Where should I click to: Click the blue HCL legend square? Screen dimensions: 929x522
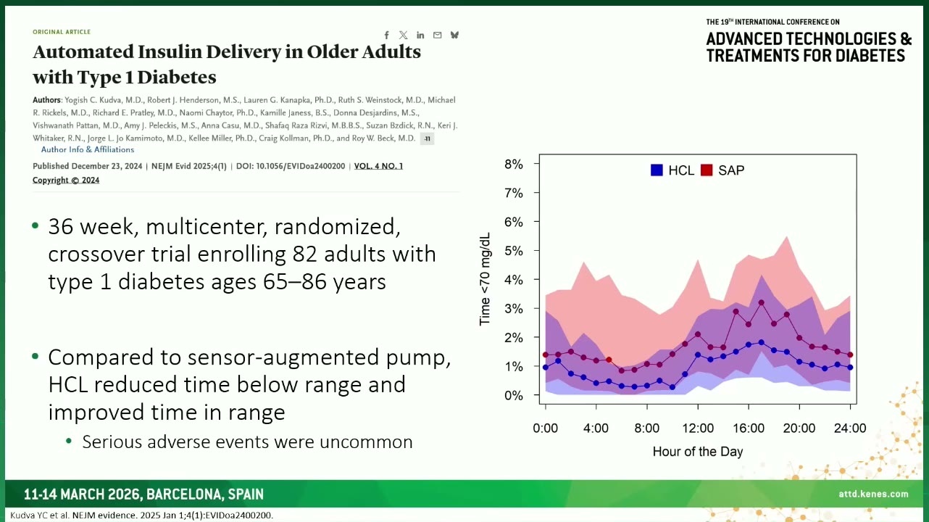tap(657, 170)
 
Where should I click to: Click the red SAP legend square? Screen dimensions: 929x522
tap(707, 170)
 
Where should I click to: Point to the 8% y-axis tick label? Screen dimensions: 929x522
tap(514, 165)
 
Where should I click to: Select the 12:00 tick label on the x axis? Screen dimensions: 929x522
tap(698, 428)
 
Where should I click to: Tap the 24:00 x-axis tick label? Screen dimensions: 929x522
tap(850, 428)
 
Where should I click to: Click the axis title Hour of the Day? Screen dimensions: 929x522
tap(698, 452)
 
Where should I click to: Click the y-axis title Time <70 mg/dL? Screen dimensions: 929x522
tap(485, 279)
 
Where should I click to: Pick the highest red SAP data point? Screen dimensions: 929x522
tap(762, 303)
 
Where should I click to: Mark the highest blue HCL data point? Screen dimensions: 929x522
tap(762, 343)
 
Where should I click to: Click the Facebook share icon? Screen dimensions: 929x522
tap(386, 36)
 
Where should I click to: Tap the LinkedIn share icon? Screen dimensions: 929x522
tap(420, 36)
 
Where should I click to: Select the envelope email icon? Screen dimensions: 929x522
tap(437, 36)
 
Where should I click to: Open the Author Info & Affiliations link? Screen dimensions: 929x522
tap(88, 150)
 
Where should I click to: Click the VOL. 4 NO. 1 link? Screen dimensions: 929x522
tap(378, 166)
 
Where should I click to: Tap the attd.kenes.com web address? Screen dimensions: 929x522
tap(873, 494)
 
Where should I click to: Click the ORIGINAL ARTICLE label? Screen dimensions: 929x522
tap(62, 32)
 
